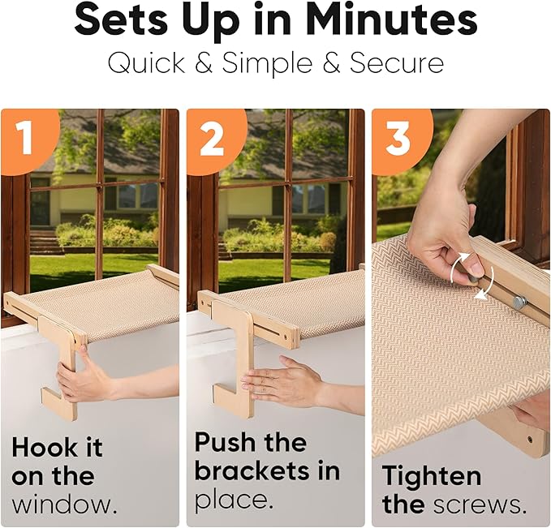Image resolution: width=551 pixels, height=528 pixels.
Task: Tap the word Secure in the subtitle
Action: pyautogui.click(x=396, y=63)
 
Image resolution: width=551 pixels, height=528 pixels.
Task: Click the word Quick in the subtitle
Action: pyautogui.click(x=146, y=63)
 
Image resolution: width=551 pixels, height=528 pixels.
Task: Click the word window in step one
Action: pyautogui.click(x=65, y=504)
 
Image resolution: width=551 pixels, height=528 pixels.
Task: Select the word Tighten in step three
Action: pyautogui.click(x=432, y=476)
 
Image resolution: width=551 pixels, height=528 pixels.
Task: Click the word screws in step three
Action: pyautogui.click(x=479, y=505)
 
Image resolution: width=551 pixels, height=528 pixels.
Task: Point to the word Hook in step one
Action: pyautogui.click(x=45, y=447)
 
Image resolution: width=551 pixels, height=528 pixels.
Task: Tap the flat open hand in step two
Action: pyautogui.click(x=281, y=382)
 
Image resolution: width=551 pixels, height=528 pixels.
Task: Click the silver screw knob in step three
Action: pyautogui.click(x=519, y=302)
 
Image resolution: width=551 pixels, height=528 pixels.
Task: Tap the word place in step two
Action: pyautogui.click(x=234, y=500)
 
